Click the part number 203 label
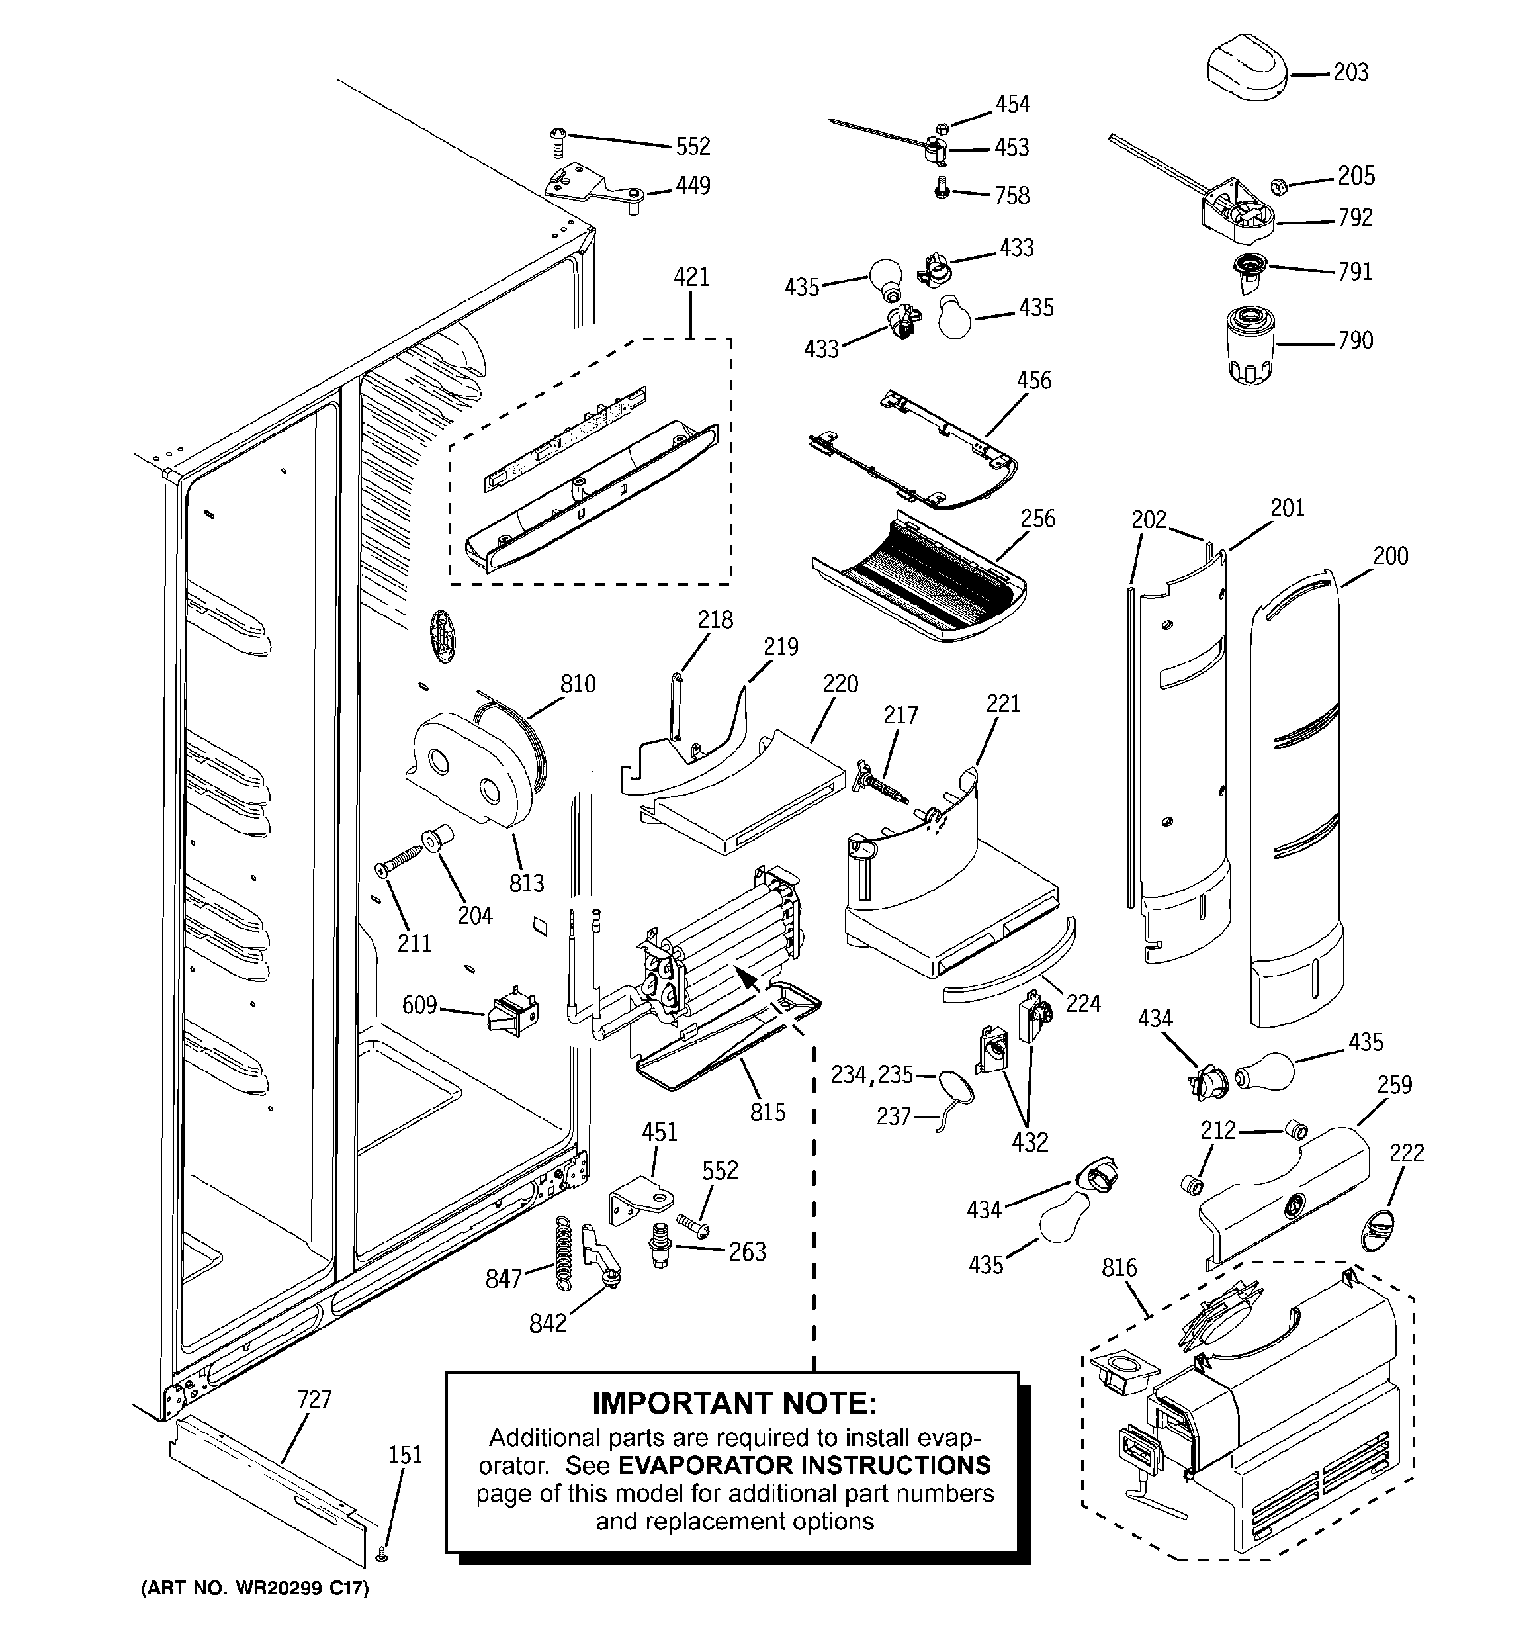[1350, 73]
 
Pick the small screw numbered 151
[382, 1554]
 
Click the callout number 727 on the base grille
[314, 1399]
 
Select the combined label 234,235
[872, 1074]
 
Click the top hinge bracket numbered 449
[589, 188]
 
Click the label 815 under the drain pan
[767, 1113]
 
